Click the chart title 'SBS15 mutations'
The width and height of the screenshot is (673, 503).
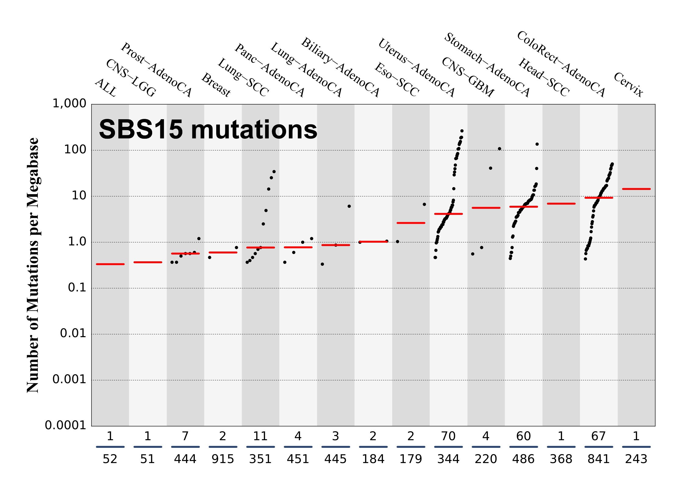(208, 130)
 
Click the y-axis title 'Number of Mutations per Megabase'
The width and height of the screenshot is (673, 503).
(33, 265)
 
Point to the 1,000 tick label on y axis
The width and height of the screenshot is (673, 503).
(70, 104)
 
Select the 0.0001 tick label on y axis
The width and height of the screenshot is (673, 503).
(66, 425)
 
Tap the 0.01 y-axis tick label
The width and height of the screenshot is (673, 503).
(73, 333)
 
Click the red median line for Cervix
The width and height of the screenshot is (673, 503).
(636, 189)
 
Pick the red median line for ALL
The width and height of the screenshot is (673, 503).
(110, 264)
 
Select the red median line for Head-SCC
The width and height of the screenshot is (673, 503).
(561, 204)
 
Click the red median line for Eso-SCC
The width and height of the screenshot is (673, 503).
(411, 223)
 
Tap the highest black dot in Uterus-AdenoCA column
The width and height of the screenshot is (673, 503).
(462, 131)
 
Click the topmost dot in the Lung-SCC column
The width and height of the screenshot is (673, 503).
(274, 172)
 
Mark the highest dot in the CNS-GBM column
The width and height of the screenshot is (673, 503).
(499, 149)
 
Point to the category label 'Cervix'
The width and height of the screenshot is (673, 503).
(628, 84)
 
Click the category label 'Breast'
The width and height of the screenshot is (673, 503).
(216, 85)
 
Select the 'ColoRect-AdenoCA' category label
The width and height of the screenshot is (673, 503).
(561, 64)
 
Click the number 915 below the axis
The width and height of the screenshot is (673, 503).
(223, 459)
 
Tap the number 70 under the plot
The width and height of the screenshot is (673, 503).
(448, 436)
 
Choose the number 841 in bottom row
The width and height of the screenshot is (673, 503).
(599, 459)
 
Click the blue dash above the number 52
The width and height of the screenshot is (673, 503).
(110, 447)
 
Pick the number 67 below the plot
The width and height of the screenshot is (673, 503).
(599, 436)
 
